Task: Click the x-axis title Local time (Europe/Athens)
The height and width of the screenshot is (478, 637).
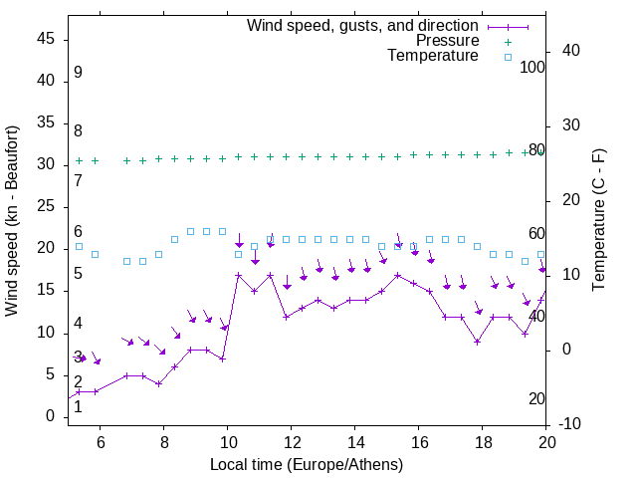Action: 307,465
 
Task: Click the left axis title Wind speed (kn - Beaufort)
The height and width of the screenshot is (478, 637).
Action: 12,221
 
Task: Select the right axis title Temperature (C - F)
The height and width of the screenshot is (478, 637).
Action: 598,221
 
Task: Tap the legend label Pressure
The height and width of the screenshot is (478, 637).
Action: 447,41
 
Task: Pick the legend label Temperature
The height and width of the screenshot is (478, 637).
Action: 433,56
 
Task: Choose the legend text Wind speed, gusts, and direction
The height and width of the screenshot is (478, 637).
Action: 363,25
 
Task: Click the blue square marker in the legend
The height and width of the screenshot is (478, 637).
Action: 508,57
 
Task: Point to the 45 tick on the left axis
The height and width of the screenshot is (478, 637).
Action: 47,39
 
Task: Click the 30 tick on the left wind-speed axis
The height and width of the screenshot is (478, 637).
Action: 47,164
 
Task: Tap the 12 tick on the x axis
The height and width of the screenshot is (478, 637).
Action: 291,442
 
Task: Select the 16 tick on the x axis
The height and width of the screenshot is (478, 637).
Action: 418,442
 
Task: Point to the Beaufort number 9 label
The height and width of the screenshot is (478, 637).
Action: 78,73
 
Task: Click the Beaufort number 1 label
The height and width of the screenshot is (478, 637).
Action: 78,406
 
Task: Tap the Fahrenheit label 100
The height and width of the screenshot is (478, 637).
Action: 532,68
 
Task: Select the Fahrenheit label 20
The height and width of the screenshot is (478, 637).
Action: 536,399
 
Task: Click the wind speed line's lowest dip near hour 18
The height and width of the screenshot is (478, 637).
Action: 478,342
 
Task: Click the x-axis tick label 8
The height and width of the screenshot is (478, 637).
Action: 163,442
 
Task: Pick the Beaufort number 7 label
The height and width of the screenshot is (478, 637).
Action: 78,181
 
